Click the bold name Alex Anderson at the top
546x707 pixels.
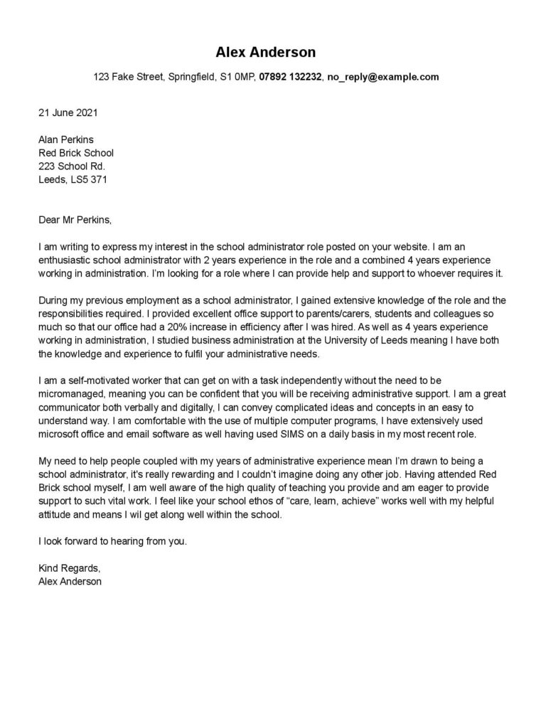(266, 53)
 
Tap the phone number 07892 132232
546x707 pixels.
(291, 77)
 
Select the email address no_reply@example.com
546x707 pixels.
(383, 77)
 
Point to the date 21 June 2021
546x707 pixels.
(68, 112)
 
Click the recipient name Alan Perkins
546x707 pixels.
(65, 139)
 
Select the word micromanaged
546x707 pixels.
(70, 395)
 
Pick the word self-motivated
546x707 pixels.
(92, 381)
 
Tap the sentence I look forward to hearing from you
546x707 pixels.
(112, 541)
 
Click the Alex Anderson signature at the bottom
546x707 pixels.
(70, 582)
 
